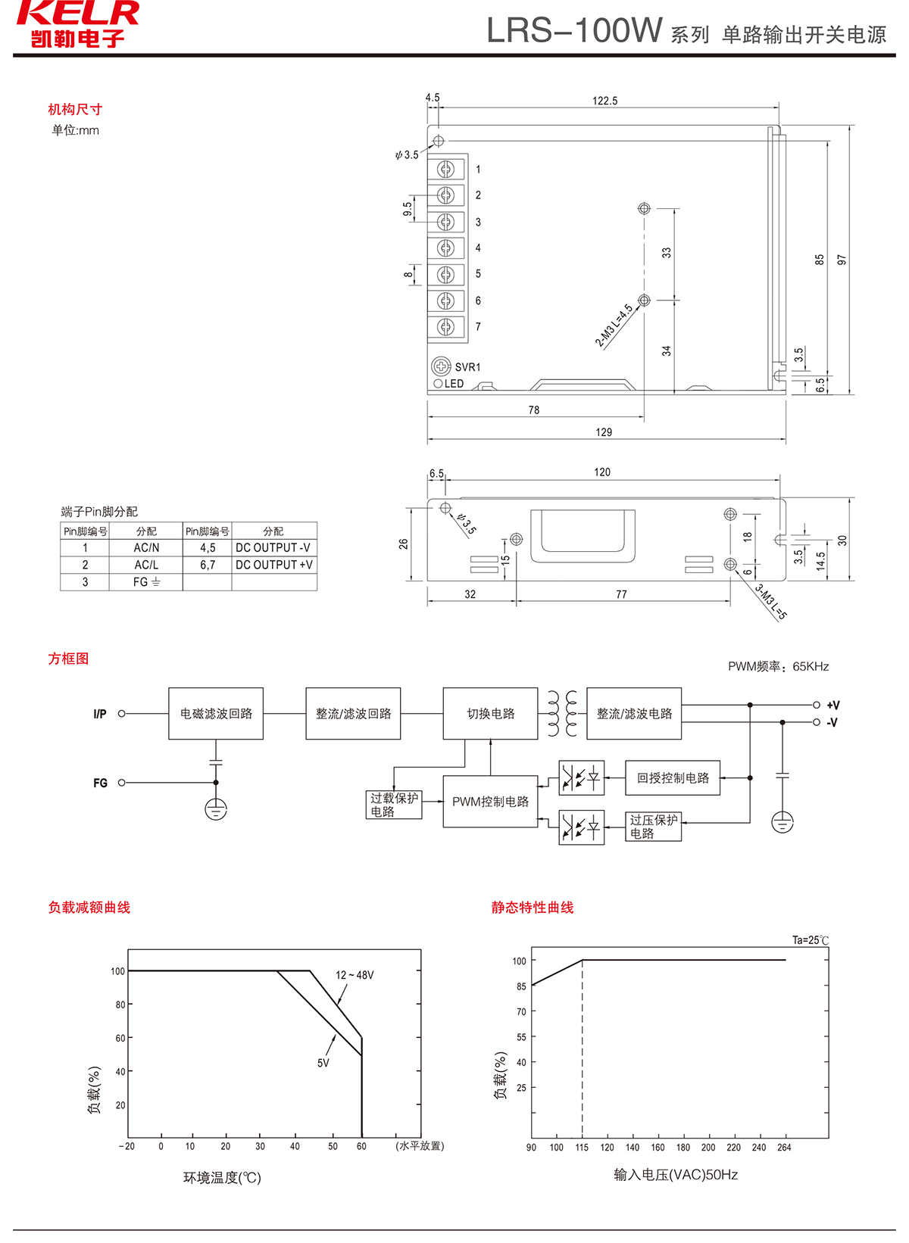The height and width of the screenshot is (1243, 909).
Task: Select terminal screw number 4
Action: point(446,248)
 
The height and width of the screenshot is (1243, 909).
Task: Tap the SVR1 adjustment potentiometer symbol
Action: point(441,366)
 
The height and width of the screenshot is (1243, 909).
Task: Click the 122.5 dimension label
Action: point(604,101)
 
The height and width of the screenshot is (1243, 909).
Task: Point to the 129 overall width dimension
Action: point(604,432)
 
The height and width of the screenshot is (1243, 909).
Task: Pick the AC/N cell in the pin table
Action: point(146,547)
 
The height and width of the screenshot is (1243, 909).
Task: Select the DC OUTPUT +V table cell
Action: point(273,565)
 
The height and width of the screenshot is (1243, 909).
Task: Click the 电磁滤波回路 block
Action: point(216,713)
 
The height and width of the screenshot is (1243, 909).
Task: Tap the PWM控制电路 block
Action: point(490,802)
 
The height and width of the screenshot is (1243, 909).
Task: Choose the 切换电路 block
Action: point(490,713)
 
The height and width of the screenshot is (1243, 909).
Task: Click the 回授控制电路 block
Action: point(673,778)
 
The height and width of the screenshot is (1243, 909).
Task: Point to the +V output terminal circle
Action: point(817,705)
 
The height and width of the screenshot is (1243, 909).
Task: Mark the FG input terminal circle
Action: point(122,783)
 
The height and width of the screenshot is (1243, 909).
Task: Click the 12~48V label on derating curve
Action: point(355,975)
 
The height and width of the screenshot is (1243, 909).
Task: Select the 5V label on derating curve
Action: point(323,1063)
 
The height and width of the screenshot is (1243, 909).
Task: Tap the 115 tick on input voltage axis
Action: point(582,1148)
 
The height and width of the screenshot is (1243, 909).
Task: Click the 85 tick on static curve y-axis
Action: point(521,986)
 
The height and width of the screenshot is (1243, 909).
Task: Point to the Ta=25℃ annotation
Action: point(811,940)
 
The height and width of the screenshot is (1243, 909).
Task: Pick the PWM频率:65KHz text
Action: point(778,667)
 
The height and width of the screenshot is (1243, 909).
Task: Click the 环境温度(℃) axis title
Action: point(222,1178)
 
